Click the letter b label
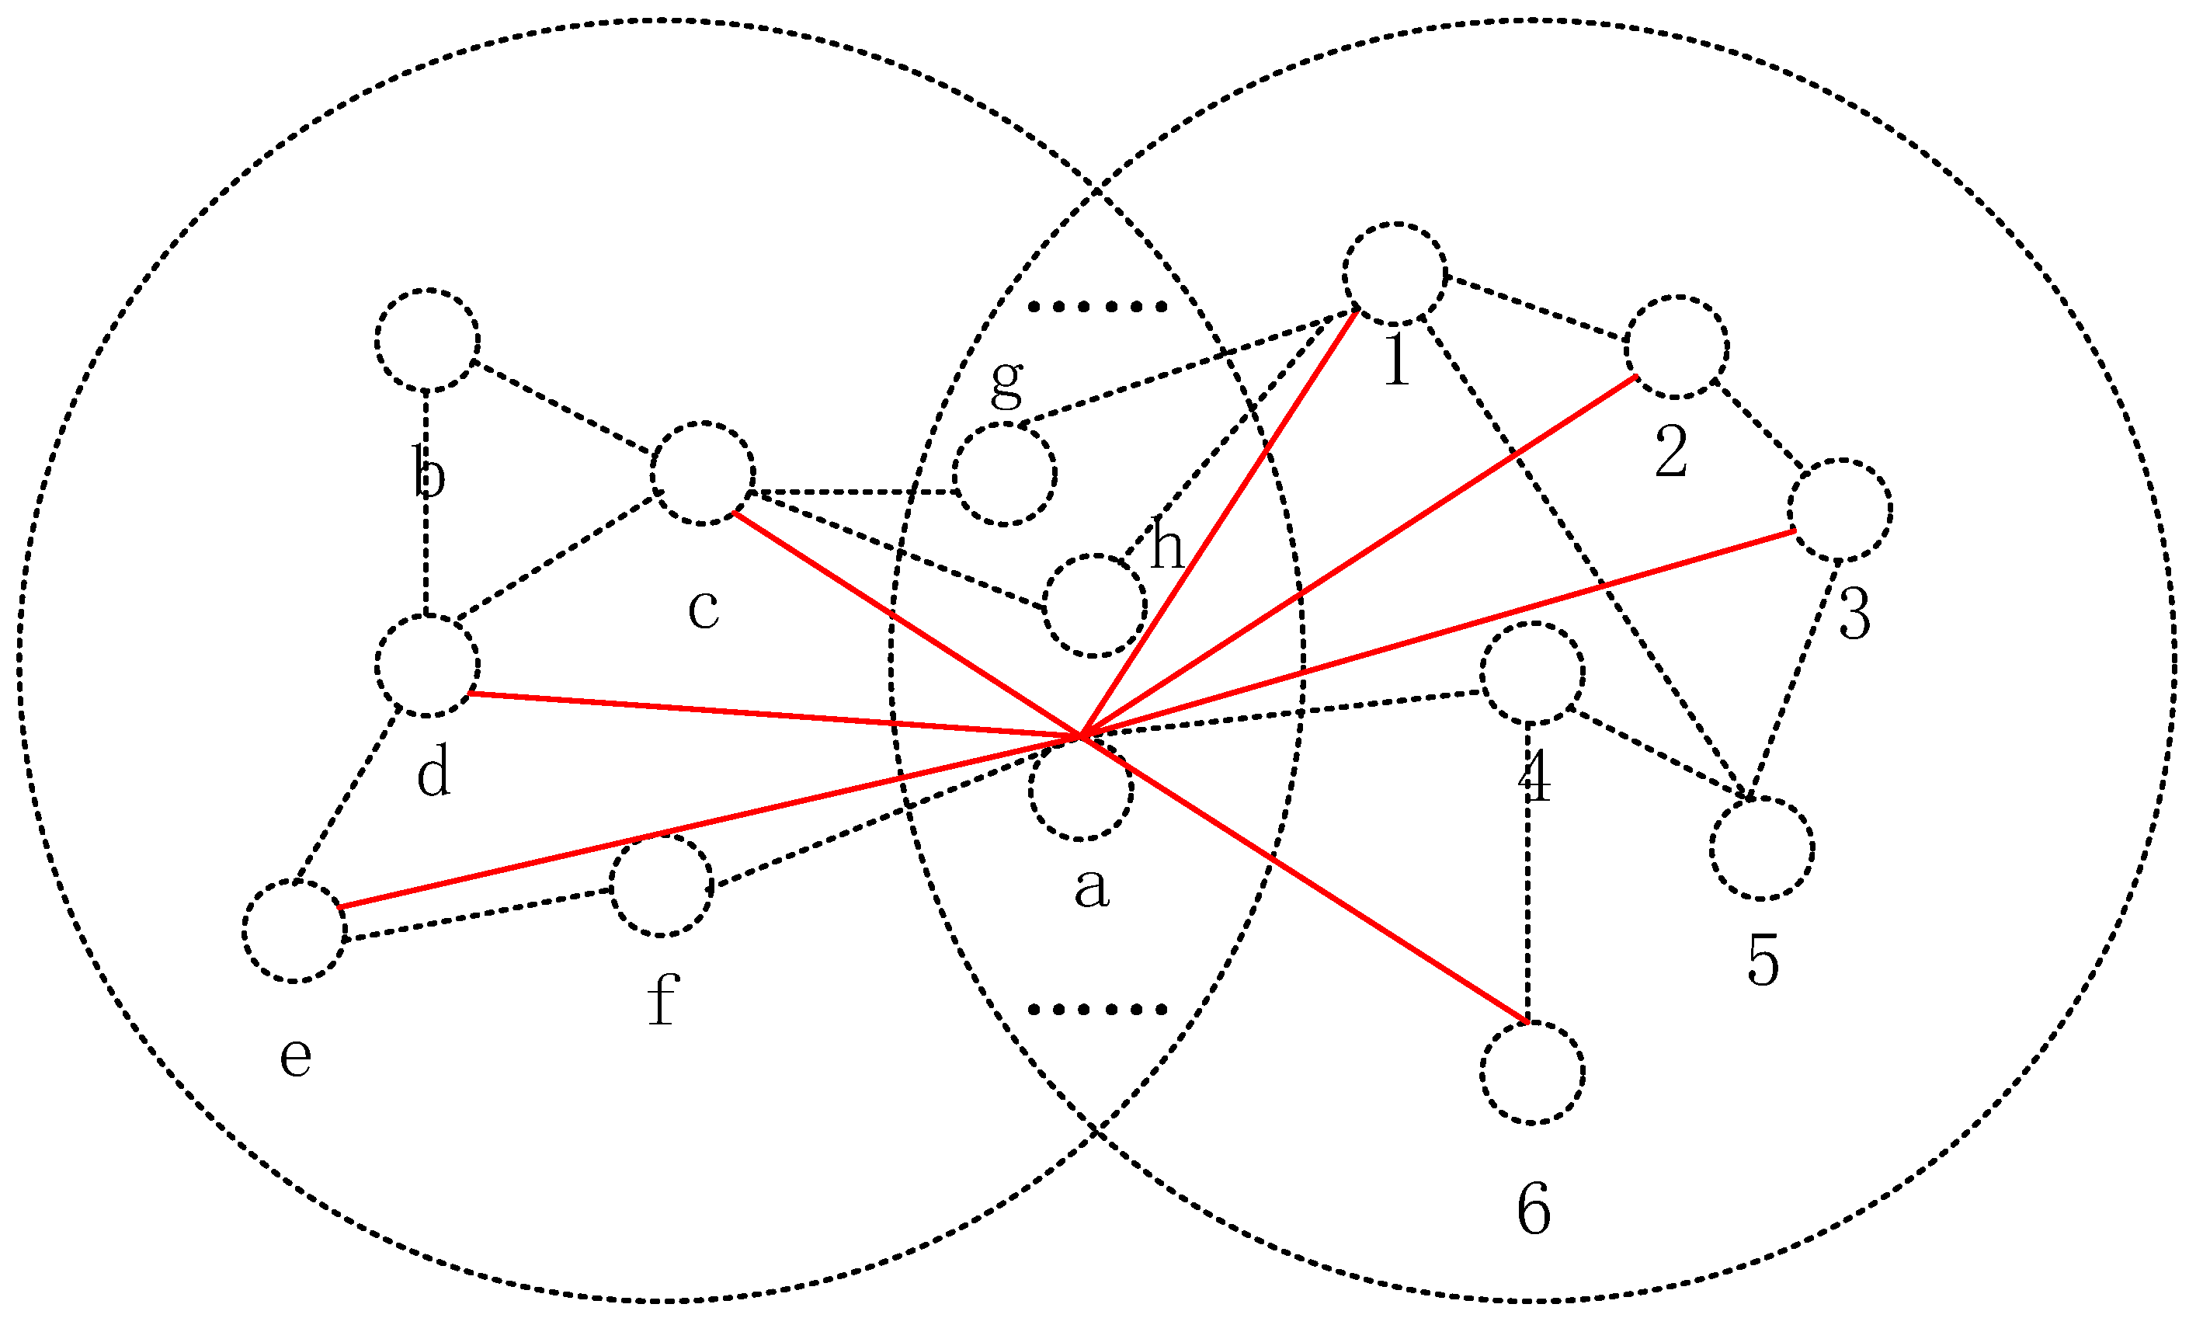point(429,472)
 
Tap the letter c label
point(704,610)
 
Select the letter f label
point(662,1000)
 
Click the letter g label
point(1007,381)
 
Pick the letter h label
point(1166,544)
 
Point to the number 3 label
point(1854,615)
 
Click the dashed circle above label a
point(1081,789)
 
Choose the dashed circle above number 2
point(1677,346)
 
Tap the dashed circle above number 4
point(1533,673)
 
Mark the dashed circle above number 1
point(1395,274)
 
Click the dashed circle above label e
point(294,931)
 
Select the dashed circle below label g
point(1004,474)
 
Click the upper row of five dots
point(1097,307)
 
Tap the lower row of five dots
point(1097,1010)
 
